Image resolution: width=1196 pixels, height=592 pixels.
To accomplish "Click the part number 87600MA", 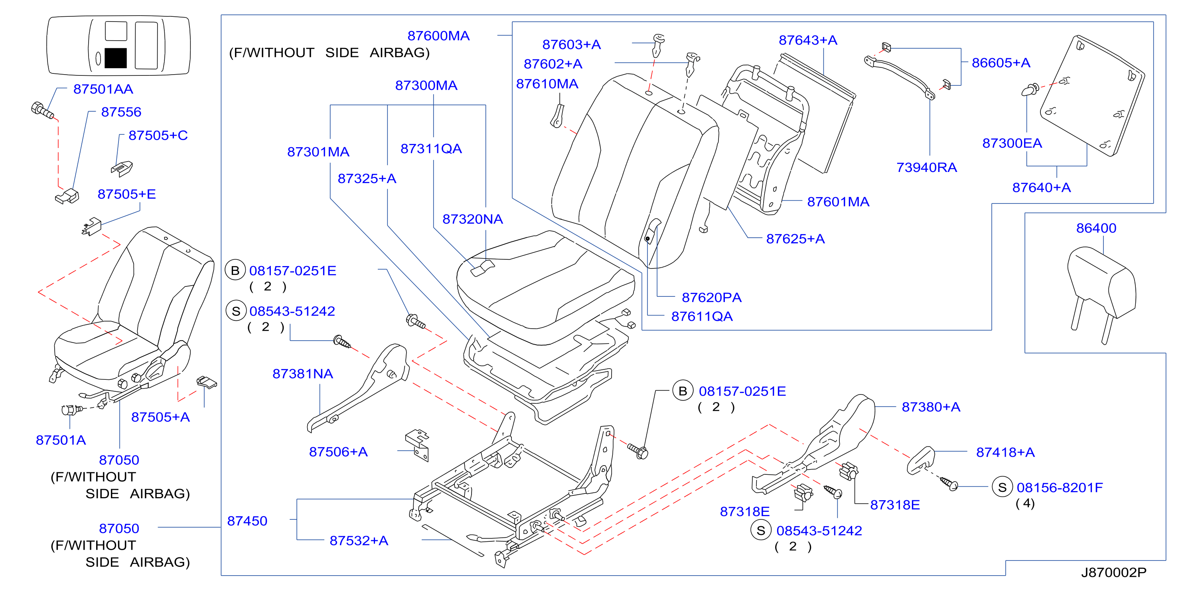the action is pyautogui.click(x=438, y=36).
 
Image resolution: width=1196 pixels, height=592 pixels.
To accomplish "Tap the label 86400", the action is pyautogui.click(x=1096, y=228).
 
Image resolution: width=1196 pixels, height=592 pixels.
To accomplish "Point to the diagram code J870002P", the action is pyautogui.click(x=1114, y=572).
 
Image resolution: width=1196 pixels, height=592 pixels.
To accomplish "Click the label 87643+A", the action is pyautogui.click(x=808, y=40).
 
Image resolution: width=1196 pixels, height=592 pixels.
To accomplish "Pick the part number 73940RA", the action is pyautogui.click(x=926, y=167).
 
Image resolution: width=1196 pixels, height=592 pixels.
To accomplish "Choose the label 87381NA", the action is pyautogui.click(x=303, y=374).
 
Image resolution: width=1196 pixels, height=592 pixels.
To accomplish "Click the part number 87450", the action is pyautogui.click(x=247, y=521).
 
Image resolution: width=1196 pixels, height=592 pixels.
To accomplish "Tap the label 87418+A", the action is pyautogui.click(x=1005, y=452).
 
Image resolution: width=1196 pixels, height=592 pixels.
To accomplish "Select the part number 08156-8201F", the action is pyautogui.click(x=1060, y=487).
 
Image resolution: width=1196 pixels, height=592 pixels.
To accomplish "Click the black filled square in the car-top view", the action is pyautogui.click(x=116, y=58).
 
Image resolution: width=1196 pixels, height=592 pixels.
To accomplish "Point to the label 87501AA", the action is pyautogui.click(x=103, y=89).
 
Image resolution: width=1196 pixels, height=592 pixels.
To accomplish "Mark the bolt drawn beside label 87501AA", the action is pyautogui.click(x=42, y=111).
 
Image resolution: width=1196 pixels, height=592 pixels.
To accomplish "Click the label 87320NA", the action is pyautogui.click(x=473, y=219).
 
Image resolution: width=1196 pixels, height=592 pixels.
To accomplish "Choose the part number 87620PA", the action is pyautogui.click(x=711, y=298).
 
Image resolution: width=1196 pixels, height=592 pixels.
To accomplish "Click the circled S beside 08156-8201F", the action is pyautogui.click(x=1003, y=487).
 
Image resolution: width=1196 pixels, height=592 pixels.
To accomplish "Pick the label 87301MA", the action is pyautogui.click(x=318, y=152).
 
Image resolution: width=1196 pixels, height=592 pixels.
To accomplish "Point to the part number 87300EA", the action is pyautogui.click(x=1012, y=143).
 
